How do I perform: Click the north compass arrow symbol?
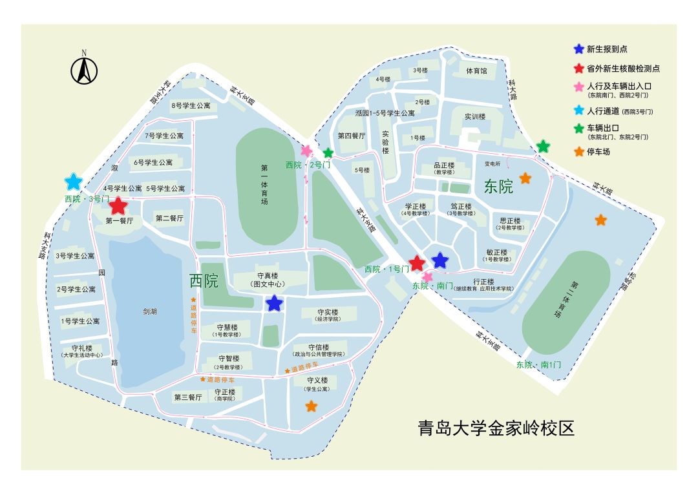pos(83,70)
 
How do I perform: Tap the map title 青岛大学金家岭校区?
pos(496,428)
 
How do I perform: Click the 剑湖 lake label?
pos(149,311)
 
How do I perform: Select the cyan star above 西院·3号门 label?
pos(73,182)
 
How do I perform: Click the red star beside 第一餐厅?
pos(118,206)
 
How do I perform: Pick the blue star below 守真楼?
pos(275,302)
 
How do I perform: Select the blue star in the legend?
pos(578,49)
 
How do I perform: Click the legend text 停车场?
pos(598,152)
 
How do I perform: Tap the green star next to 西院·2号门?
pos(328,153)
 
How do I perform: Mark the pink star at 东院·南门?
pos(427,277)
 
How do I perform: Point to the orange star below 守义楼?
pos(311,406)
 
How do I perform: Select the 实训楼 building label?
pos(474,117)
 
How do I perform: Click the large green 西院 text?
pos(204,281)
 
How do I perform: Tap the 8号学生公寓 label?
pos(190,105)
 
